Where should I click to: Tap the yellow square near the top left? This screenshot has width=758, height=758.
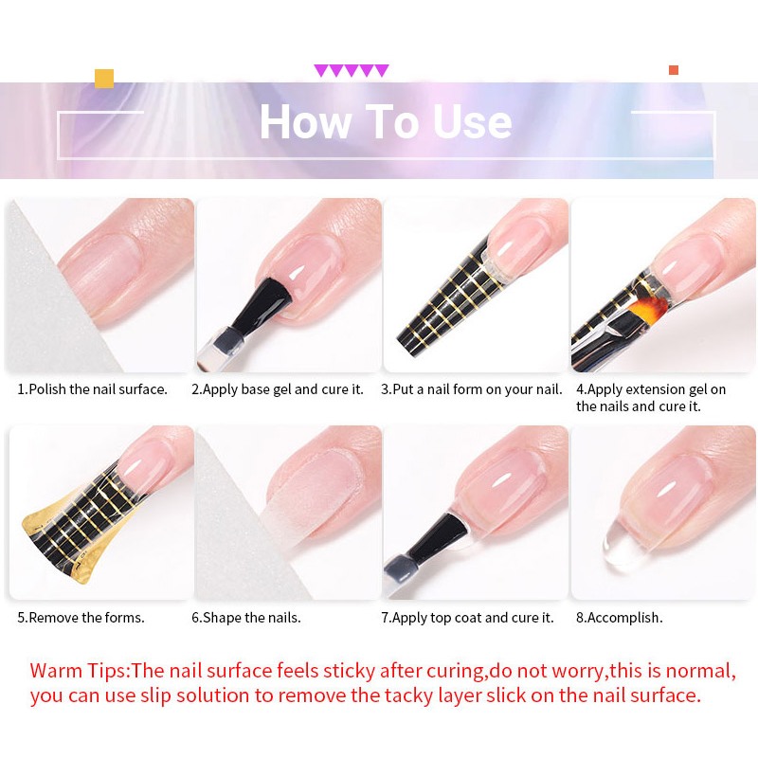click(104, 78)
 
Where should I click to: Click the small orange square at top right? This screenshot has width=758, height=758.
click(673, 70)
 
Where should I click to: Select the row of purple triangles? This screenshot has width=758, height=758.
click(352, 71)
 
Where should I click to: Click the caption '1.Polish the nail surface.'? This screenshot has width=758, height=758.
click(93, 389)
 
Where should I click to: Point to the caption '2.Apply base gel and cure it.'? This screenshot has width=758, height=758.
click(278, 389)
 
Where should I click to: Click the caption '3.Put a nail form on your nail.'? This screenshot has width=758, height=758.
click(471, 389)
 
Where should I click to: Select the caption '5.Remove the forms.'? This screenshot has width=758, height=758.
click(81, 618)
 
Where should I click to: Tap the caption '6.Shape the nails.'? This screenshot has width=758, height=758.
click(246, 618)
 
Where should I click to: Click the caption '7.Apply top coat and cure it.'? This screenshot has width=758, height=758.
click(467, 618)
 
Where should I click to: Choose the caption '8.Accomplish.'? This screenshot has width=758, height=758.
click(620, 618)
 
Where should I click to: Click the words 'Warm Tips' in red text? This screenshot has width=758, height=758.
click(79, 672)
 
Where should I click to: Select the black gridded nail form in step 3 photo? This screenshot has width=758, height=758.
click(445, 303)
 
